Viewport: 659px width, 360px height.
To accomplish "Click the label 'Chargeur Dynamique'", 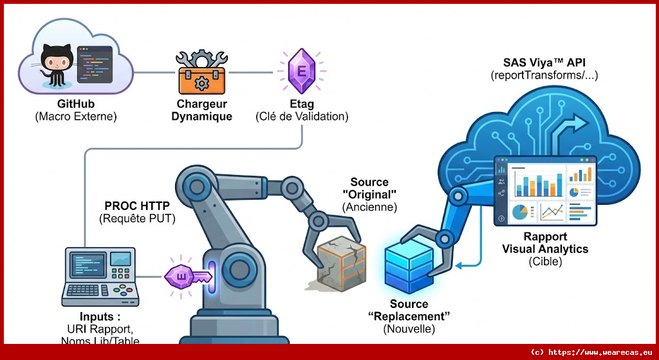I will (x=201, y=110).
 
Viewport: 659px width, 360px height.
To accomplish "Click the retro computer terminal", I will (x=101, y=276).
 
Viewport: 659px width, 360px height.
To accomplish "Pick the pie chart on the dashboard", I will (x=520, y=211).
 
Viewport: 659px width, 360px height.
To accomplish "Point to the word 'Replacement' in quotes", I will (x=409, y=316).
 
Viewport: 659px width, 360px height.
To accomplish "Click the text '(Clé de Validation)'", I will (x=301, y=117).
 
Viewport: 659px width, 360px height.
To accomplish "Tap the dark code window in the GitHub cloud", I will (x=95, y=64).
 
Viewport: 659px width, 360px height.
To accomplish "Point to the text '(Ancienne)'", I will (x=369, y=207).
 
